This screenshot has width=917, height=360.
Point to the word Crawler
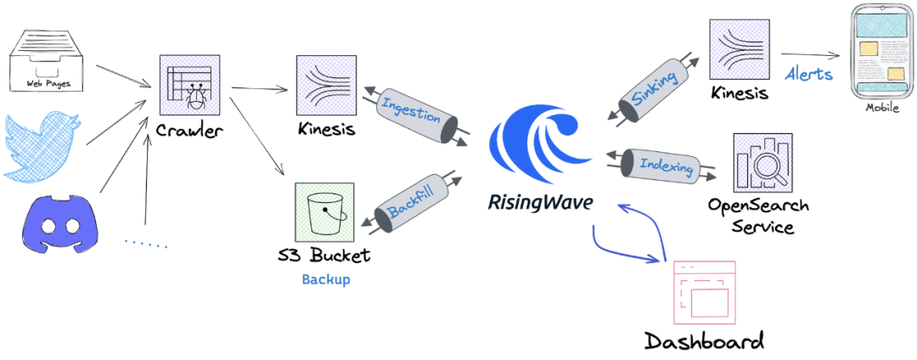coord(188,131)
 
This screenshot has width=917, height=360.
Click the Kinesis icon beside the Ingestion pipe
coord(326,85)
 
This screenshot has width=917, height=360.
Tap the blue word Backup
coord(325,279)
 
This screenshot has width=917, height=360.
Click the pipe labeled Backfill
coord(414,205)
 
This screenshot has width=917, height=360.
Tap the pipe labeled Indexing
coord(661,165)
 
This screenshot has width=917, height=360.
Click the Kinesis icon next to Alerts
coord(739,50)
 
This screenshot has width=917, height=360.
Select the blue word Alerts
coord(807,74)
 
